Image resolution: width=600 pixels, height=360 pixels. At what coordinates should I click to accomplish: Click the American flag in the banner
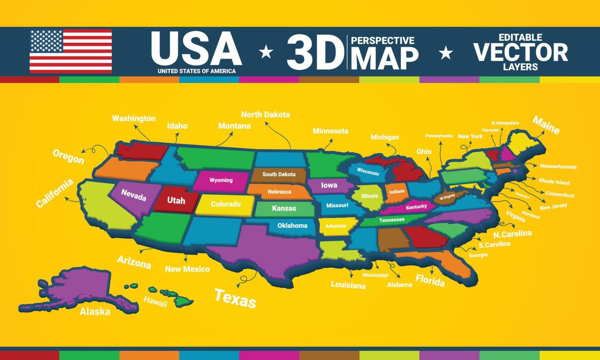tap(70, 51)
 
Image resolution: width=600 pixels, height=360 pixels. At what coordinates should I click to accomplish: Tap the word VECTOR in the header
tap(520, 52)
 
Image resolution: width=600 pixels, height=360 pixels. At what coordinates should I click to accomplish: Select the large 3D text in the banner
tap(315, 52)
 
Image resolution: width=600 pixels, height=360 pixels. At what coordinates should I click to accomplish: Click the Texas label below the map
tap(235, 298)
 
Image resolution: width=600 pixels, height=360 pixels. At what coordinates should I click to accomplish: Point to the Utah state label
tap(176, 201)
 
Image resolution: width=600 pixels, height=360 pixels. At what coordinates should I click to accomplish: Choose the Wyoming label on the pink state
tap(221, 181)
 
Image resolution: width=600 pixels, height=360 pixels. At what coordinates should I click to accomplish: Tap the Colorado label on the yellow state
tap(226, 204)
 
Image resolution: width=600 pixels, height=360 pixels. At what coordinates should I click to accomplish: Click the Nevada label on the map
tap(134, 195)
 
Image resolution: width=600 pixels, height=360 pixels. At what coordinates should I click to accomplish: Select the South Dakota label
tap(279, 174)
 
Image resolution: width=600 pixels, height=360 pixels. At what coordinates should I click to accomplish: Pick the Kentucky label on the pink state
tap(416, 207)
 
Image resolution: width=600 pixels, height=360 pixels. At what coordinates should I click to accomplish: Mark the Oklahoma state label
tap(292, 225)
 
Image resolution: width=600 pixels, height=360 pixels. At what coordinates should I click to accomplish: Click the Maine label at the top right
tap(546, 125)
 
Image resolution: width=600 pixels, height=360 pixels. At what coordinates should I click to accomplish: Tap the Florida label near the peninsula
tap(430, 281)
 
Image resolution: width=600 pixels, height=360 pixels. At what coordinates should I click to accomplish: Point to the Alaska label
tap(95, 311)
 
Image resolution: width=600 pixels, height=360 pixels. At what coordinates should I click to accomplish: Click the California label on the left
tap(54, 193)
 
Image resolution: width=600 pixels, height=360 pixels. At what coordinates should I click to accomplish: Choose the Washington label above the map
tap(134, 118)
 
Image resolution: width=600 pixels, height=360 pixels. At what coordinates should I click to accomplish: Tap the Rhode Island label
tap(554, 182)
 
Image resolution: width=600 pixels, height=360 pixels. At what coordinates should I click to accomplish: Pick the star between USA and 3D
tap(266, 51)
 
